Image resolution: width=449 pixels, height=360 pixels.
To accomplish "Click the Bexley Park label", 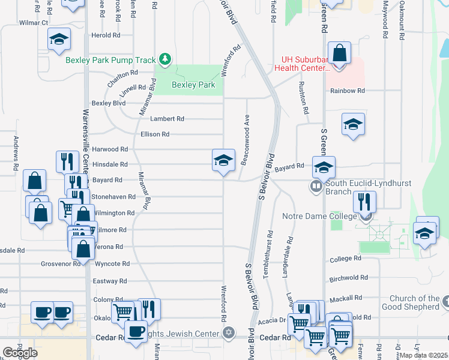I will (193, 85).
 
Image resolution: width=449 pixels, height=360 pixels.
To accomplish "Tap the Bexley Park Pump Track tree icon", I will (165, 59).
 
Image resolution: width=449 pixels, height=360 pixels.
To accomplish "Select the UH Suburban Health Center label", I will (303, 64).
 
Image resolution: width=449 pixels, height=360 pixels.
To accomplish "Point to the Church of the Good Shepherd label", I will (414, 303).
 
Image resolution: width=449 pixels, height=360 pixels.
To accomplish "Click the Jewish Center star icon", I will (228, 332).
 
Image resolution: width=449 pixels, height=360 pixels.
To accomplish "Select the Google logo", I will (20, 352).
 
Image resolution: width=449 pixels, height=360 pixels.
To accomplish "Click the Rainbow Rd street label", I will (348, 91).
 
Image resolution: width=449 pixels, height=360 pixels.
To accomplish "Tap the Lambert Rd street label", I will (167, 119).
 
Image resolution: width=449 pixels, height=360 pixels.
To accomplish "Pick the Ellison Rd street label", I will (155, 134).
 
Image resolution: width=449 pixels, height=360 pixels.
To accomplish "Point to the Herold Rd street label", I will (106, 35).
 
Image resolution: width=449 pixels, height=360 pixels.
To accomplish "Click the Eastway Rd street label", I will (110, 281).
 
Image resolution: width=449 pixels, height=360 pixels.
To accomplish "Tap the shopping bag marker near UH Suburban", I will (339, 53).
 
